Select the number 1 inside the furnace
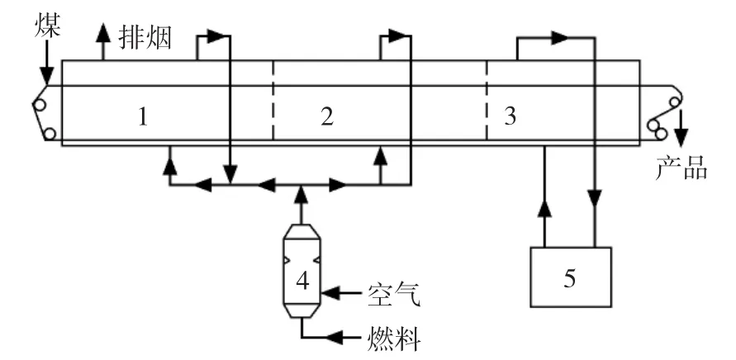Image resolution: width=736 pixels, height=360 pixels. tap(143, 117)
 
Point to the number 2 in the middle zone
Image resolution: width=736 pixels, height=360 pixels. tap(326, 116)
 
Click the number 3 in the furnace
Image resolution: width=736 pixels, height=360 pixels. tap(510, 116)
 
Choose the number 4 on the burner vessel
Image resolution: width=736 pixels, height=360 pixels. tap(303, 282)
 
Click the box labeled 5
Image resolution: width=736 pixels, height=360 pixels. tap(571, 277)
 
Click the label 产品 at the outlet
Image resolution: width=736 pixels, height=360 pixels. tap(681, 168)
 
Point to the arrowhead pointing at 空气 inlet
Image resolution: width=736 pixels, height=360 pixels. tap(330, 294)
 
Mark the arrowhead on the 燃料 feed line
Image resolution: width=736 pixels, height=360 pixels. tap(335, 337)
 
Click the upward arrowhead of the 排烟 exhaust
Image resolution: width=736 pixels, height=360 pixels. tap(102, 34)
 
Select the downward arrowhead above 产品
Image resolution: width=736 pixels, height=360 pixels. tap(681, 138)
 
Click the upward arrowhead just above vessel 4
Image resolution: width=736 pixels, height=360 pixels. tap(301, 195)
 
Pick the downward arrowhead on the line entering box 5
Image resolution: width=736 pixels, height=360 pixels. tap(596, 198)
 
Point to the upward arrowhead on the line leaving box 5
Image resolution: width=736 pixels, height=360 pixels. tap(544, 208)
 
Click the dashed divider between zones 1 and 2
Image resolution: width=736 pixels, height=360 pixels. tap(273, 100)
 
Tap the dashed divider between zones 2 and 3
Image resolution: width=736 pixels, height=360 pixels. tap(487, 100)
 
